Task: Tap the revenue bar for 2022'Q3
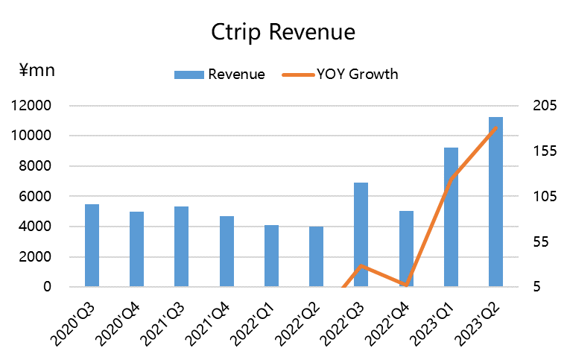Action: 361,234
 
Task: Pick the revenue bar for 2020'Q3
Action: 92,245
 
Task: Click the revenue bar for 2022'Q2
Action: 316,256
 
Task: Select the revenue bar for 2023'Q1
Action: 451,217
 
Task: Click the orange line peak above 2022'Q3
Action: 361,265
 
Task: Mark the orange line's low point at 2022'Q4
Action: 406,285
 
